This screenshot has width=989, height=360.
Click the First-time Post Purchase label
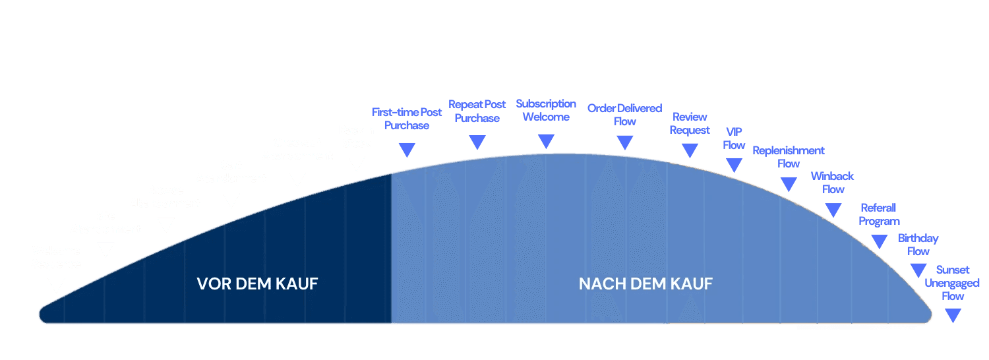(x=407, y=119)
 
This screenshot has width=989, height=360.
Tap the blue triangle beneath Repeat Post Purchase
(x=477, y=142)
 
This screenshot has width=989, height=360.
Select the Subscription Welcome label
(x=546, y=110)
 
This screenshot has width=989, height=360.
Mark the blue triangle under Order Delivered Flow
(x=625, y=142)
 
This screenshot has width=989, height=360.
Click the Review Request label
(x=690, y=123)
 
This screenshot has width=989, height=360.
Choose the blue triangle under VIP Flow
(x=734, y=165)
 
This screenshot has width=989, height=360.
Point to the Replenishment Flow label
(x=789, y=157)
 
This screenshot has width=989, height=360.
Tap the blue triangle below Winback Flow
(x=833, y=210)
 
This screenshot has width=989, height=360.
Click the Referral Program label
(x=879, y=214)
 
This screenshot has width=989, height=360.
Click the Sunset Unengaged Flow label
(x=953, y=283)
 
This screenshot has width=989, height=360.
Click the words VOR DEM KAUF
(x=257, y=284)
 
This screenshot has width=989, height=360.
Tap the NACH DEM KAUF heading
(x=645, y=284)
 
